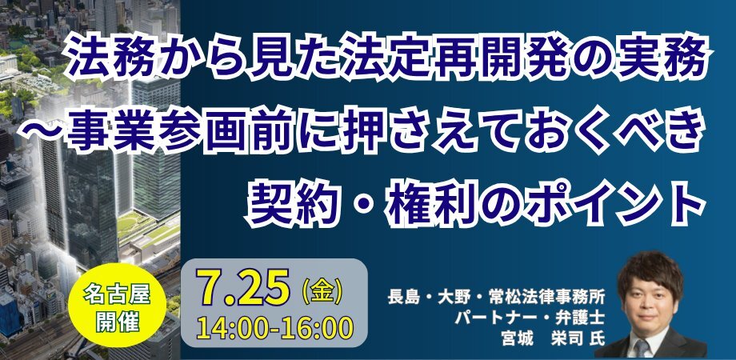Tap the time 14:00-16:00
[x=275, y=328]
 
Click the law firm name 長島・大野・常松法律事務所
[x=496, y=298]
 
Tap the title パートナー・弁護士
[x=529, y=318]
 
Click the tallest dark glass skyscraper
[x=89, y=202]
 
